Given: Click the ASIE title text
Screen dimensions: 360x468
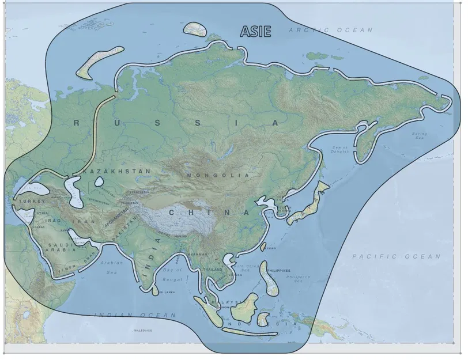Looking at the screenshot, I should (x=255, y=32).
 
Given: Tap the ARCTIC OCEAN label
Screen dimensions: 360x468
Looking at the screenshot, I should (x=331, y=30).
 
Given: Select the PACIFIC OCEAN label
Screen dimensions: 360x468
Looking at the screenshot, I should (x=396, y=256).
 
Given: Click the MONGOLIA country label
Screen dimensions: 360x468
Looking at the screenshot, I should (x=218, y=175).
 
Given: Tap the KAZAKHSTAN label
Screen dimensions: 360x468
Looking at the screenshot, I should (x=118, y=172).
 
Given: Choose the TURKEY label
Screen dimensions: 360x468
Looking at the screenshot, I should (x=32, y=202).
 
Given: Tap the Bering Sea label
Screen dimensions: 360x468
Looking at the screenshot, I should (x=419, y=137).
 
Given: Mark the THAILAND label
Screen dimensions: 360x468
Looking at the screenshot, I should (x=213, y=270).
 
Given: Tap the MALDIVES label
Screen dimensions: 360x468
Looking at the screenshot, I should (x=142, y=331).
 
